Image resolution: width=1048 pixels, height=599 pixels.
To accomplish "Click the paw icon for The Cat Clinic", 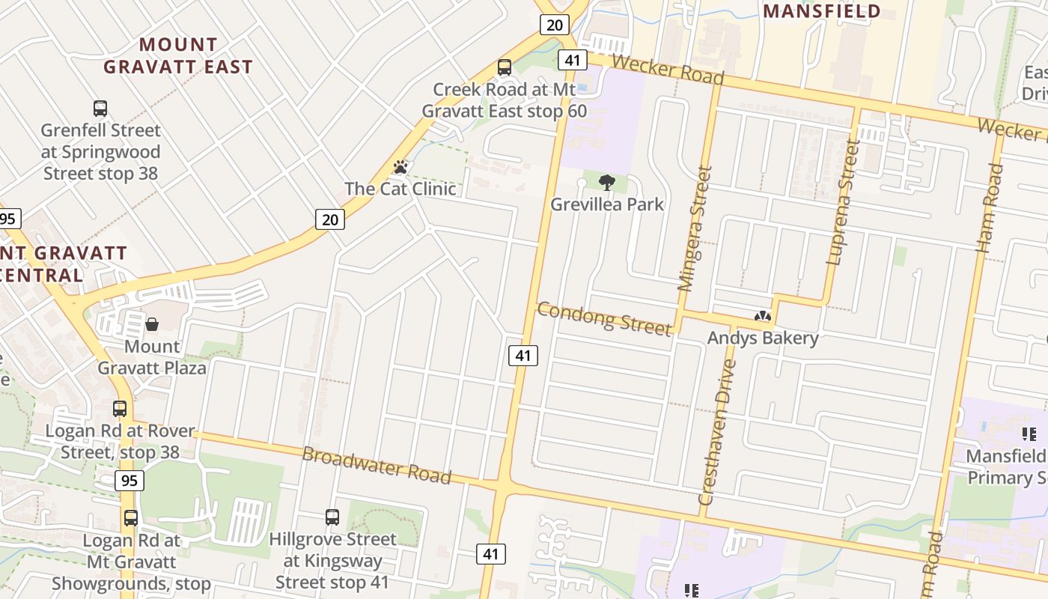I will click(x=400, y=167).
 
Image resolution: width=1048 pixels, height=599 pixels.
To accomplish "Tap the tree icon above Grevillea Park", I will click(x=607, y=182).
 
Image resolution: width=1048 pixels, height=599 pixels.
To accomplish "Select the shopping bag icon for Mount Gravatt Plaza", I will click(x=152, y=324).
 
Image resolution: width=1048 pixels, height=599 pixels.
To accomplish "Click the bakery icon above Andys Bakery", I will click(x=763, y=316).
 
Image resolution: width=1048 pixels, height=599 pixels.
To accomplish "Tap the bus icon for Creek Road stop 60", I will click(x=505, y=67).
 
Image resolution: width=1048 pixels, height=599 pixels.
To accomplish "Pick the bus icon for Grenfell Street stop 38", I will click(x=100, y=108).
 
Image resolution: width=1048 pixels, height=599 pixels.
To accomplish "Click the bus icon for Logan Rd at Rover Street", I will click(x=120, y=409).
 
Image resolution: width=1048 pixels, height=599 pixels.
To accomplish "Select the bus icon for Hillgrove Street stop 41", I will click(x=332, y=517).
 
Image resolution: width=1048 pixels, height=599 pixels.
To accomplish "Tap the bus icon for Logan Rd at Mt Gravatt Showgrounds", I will click(x=131, y=517).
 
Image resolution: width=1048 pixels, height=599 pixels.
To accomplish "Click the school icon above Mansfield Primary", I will click(x=1029, y=434).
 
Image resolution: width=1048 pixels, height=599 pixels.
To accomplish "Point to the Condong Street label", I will click(x=604, y=319).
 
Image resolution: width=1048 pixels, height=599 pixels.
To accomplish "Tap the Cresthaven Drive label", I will click(x=717, y=433).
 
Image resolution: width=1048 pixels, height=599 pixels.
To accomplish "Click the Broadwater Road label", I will click(x=377, y=465).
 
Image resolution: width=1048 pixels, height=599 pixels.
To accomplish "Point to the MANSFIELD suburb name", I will click(x=821, y=11).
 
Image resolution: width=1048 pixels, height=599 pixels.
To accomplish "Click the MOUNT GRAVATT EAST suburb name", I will click(x=178, y=55).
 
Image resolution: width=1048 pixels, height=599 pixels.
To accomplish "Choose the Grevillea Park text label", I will click(x=607, y=204).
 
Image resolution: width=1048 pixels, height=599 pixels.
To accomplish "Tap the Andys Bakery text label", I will click(x=763, y=338).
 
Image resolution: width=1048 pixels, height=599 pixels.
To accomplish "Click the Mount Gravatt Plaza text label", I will click(x=152, y=357).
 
